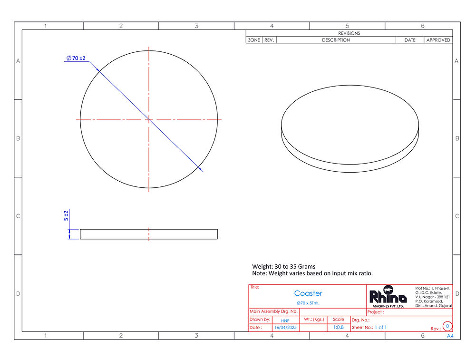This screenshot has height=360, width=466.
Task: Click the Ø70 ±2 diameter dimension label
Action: click(76, 58)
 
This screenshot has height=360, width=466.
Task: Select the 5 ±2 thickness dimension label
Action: click(66, 215)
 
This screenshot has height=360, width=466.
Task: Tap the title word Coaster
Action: click(308, 293)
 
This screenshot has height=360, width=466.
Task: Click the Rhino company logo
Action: click(388, 296)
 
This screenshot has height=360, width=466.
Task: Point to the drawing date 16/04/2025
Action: click(285, 328)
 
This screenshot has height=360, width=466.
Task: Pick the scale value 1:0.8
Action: click(338, 327)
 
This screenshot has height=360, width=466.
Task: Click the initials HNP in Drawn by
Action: click(285, 321)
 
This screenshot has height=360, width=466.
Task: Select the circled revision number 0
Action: click(447, 326)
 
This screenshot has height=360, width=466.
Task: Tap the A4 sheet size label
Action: click(450, 336)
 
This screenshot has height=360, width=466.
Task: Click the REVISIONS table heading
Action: click(349, 33)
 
